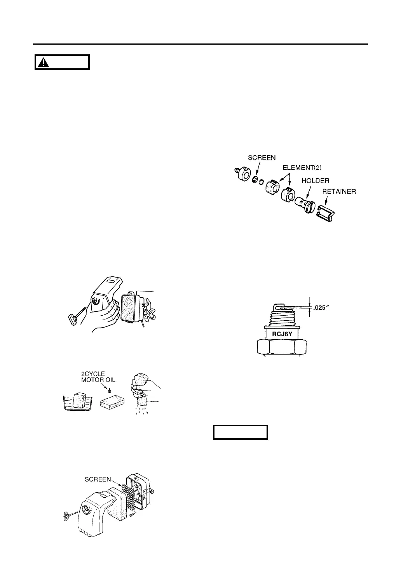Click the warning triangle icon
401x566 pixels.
[x=46, y=62]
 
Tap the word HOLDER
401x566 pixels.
[x=316, y=181]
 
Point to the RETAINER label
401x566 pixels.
[x=339, y=191]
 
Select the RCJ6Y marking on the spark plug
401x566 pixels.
[x=281, y=332]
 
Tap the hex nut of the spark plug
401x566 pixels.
[x=283, y=347]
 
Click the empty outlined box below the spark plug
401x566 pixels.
[x=241, y=432]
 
